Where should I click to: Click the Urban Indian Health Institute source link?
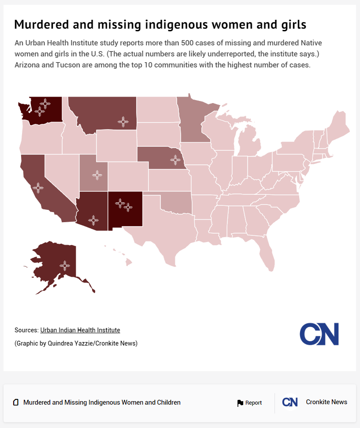(80, 330)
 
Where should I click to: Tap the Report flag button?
(249, 403)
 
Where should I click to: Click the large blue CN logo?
(319, 334)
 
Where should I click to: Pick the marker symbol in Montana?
(123, 122)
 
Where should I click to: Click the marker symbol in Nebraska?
(175, 160)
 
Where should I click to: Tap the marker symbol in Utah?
(97, 175)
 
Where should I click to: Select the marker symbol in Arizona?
(93, 220)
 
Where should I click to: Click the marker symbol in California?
(38, 188)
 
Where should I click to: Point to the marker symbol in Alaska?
(65, 265)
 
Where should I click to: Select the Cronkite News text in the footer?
(327, 402)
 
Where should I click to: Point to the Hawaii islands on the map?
(128, 262)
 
